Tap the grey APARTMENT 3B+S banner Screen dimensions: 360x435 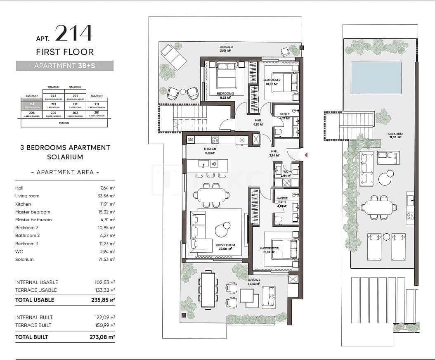click(65, 66)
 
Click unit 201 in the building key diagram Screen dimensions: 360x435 click(97, 113)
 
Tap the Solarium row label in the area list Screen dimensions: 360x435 click(24, 259)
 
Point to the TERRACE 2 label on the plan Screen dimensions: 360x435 click(225, 47)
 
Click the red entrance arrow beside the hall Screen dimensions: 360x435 click(306, 155)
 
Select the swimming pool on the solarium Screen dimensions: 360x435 click(376, 78)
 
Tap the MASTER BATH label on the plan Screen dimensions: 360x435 click(282, 200)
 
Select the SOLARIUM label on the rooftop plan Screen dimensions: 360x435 click(395, 134)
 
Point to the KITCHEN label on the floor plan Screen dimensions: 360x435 click(210, 149)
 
